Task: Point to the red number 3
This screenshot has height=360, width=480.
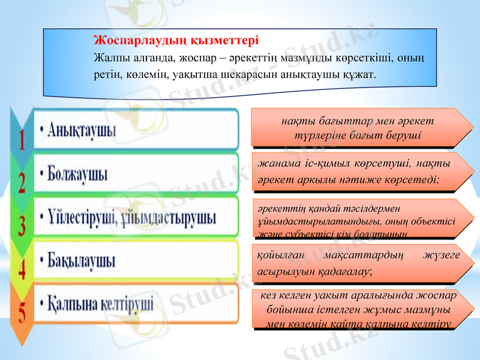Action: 22,226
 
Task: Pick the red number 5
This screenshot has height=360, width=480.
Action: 22,312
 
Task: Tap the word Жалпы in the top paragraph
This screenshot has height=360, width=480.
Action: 107,58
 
